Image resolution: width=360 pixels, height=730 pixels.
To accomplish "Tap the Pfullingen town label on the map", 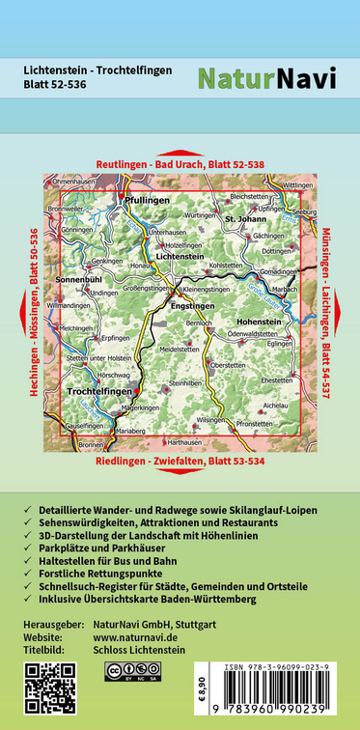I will (x=147, y=199).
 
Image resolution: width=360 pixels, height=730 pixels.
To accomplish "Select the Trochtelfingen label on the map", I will (x=100, y=391).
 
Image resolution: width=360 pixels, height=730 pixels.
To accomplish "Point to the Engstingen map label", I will (x=192, y=305).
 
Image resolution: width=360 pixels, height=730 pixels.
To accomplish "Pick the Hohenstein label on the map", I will (x=258, y=320).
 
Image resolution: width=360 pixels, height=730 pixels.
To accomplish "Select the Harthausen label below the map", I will (x=185, y=442).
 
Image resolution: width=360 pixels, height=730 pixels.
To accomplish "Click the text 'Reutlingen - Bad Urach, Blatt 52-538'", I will (x=180, y=164).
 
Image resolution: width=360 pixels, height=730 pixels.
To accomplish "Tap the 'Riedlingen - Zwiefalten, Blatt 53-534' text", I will (x=180, y=461).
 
